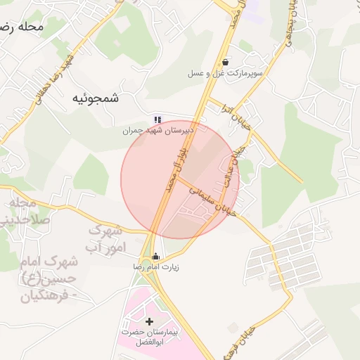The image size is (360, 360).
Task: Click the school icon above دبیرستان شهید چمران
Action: (157, 120)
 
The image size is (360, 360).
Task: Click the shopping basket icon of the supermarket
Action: (224, 62)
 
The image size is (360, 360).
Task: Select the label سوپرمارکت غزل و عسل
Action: (225, 73)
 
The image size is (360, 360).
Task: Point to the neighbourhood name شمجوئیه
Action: (96, 99)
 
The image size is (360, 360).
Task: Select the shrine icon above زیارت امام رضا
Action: (156, 256)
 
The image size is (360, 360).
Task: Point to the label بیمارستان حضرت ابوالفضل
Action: (149, 337)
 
